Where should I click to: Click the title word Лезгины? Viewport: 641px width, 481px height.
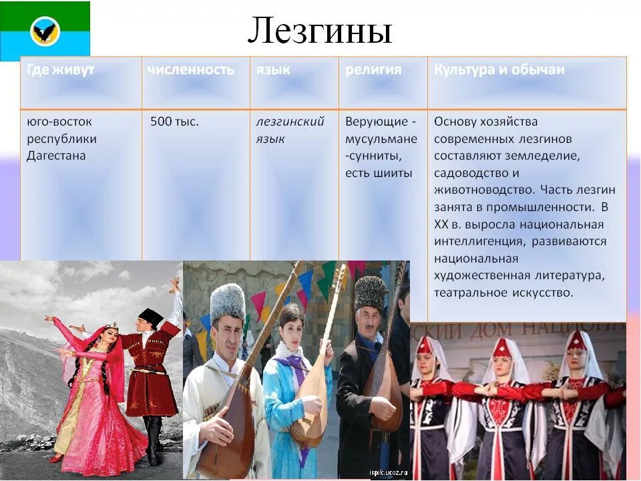[319, 31]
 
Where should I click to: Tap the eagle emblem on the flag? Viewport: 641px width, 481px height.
[45, 31]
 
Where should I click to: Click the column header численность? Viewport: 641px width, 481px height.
[190, 69]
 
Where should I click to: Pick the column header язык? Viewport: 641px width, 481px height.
[273, 69]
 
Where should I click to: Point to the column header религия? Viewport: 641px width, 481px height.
[373, 69]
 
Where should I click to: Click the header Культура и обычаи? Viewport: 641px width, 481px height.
[499, 69]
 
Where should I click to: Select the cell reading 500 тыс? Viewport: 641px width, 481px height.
[174, 122]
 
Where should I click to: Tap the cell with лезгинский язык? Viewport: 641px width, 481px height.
[290, 130]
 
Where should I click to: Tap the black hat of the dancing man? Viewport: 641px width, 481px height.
[151, 317]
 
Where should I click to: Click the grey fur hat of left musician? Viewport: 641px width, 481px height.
[228, 301]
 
